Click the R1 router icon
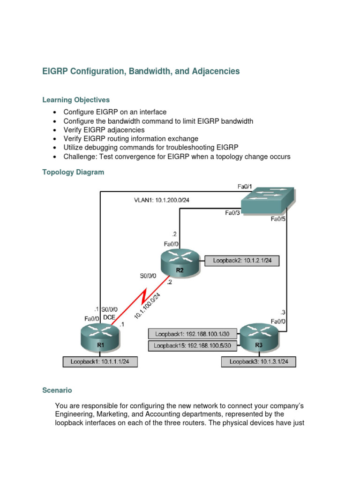[x=101, y=338]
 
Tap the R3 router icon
[x=259, y=338]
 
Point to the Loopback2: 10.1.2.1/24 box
[x=242, y=260]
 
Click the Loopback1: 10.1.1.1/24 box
[x=100, y=362]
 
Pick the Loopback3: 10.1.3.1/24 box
[x=259, y=362]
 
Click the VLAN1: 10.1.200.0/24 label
[x=162, y=200]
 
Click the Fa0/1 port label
[x=245, y=187]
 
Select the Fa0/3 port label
[x=232, y=213]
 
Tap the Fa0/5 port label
[x=278, y=219]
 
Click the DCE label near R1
[x=109, y=317]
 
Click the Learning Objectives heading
[x=76, y=100]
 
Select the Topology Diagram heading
[x=73, y=172]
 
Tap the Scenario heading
[x=57, y=390]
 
